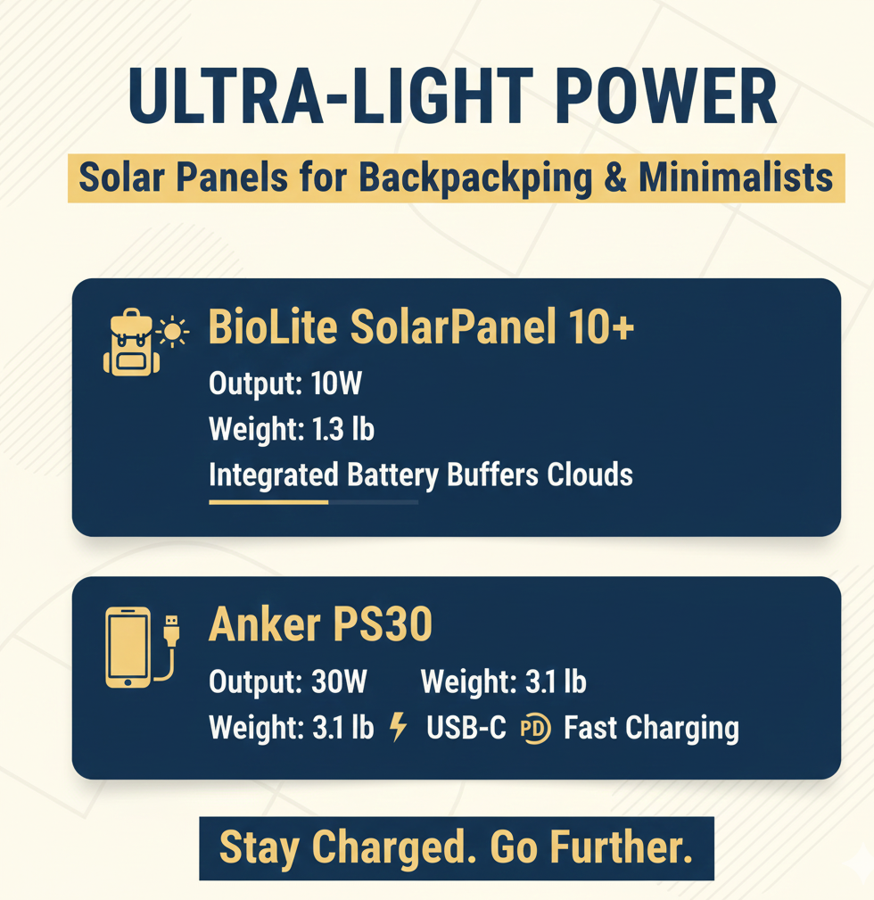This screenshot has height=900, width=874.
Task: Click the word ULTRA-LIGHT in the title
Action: (x=329, y=95)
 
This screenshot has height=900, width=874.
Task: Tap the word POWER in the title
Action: (x=665, y=95)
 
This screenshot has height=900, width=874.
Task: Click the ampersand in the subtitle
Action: (x=615, y=178)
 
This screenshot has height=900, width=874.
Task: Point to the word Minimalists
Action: (x=736, y=177)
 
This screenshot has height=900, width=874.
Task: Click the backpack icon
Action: (x=130, y=343)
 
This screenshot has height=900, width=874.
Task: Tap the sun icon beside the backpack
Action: (x=172, y=332)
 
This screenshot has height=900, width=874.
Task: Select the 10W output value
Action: (x=336, y=383)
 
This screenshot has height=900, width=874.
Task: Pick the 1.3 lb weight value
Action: (x=343, y=429)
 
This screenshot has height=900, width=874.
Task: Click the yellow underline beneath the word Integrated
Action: (x=268, y=502)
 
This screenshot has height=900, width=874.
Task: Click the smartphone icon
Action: (x=128, y=647)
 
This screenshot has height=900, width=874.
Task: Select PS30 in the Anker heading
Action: (x=383, y=624)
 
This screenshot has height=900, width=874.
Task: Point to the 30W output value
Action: (x=339, y=681)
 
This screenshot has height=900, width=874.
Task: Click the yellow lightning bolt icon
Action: (x=399, y=727)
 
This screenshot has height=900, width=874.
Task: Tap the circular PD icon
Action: (x=535, y=729)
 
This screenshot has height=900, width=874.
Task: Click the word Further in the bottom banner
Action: (x=622, y=846)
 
